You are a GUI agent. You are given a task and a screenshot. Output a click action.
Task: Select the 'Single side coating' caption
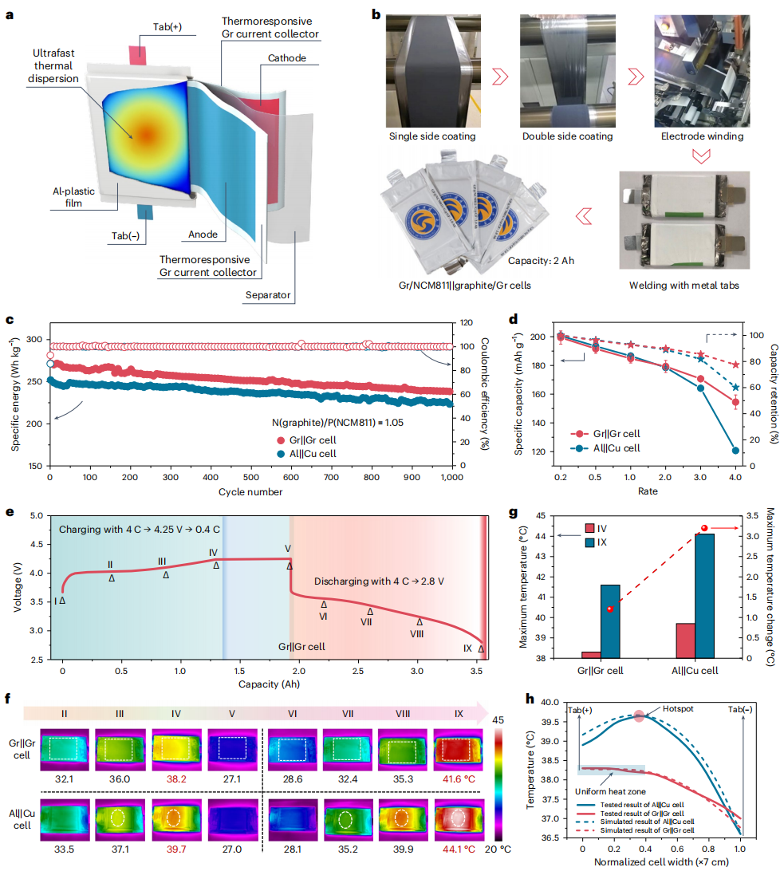click(x=432, y=136)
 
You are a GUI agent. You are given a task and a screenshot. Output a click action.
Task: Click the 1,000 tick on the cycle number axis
click(x=452, y=477)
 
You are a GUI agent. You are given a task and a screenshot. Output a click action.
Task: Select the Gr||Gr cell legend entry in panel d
click(x=606, y=434)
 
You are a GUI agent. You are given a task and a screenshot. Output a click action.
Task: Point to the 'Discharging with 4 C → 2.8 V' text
click(x=379, y=581)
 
